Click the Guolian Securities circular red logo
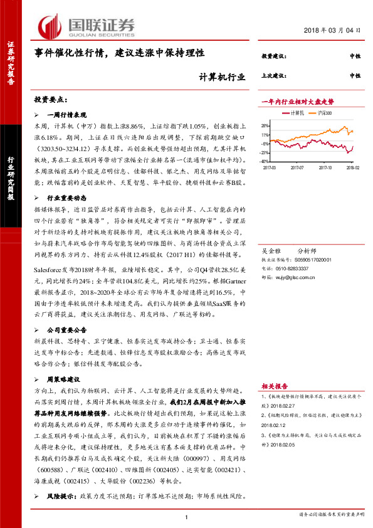pyautogui.click(x=51, y=27)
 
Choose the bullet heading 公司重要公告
pyautogui.click(x=68, y=329)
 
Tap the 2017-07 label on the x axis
pyautogui.click(x=297, y=167)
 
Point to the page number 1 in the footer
pyautogui.click(x=187, y=517)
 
